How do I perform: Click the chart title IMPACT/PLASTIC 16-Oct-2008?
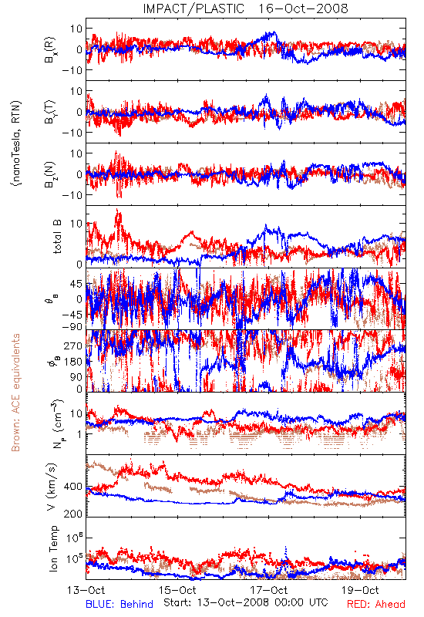point(245,8)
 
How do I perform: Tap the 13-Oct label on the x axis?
point(86,590)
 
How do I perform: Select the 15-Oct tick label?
point(177,590)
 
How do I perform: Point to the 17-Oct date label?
point(269,590)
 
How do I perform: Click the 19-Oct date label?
point(360,590)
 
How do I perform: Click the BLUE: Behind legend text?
point(119,604)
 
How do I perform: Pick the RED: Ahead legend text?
point(375,604)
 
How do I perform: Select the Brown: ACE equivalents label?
point(15,393)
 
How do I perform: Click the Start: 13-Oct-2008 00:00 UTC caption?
point(245,602)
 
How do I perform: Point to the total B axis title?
point(56,237)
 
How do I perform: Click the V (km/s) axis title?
point(52,487)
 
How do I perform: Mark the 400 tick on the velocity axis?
point(73,487)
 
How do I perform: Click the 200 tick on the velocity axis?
point(73,514)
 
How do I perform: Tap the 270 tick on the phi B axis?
point(73,346)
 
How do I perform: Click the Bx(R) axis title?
point(50,49)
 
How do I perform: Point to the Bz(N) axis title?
point(50,174)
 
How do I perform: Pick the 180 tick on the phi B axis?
point(73,362)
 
